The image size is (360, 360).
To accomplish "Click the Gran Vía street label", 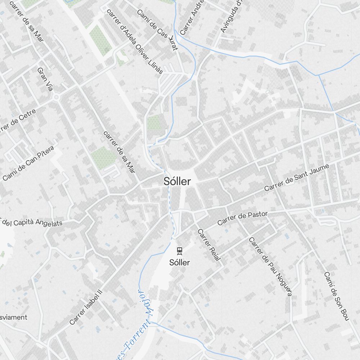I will (x=45, y=79).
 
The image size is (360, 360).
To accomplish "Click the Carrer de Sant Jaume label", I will (x=292, y=178).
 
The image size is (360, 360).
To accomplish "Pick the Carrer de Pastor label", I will (x=243, y=218).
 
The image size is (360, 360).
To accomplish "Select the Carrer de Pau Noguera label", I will (x=270, y=266).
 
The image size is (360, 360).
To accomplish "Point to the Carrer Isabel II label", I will (x=86, y=308).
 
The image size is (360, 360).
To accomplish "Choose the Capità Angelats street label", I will (x=32, y=223).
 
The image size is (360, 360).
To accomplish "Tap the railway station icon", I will (x=179, y=250).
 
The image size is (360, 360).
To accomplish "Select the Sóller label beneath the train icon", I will (x=179, y=262).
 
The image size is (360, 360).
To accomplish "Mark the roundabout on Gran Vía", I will (x=56, y=97).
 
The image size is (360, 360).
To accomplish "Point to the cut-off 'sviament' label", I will (x=14, y=317).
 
